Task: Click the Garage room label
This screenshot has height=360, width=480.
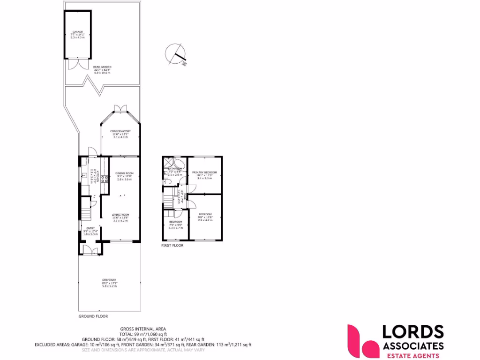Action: click(77, 32)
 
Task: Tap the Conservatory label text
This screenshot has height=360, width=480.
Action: click(120, 131)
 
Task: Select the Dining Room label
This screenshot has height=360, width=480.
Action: click(125, 173)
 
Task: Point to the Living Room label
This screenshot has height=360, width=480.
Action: click(120, 214)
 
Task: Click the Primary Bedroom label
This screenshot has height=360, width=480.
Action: click(204, 172)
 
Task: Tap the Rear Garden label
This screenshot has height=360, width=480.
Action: click(102, 67)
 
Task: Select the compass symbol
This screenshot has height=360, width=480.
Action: click(176, 52)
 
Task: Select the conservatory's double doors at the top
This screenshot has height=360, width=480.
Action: click(120, 109)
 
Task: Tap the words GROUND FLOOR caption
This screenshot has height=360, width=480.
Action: click(93, 316)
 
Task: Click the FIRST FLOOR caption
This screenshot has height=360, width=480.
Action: click(172, 245)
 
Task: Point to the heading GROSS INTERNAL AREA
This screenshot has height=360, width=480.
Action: click(143, 329)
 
